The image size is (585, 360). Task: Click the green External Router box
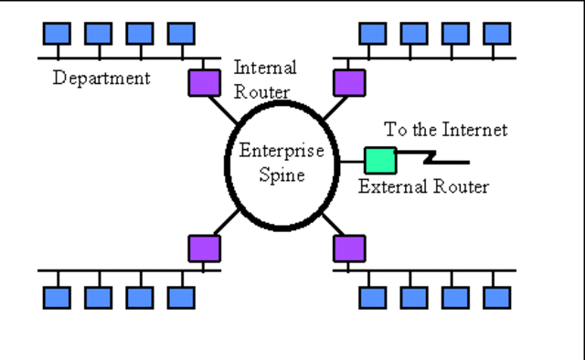[x=379, y=160]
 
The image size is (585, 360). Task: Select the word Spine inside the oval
[x=276, y=175]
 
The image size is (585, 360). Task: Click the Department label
[x=101, y=78]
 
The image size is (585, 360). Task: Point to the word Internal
[x=265, y=68]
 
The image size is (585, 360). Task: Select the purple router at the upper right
[x=348, y=81]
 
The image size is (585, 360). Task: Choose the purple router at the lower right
[x=348, y=249]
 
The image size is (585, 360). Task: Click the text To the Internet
[x=445, y=130]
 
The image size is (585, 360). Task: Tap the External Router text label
[x=423, y=187]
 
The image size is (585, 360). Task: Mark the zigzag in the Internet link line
[x=429, y=160]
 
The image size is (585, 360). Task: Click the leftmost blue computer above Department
[x=56, y=34]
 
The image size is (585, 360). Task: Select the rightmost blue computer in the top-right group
[x=496, y=34]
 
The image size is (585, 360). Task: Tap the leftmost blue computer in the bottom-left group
[x=56, y=297]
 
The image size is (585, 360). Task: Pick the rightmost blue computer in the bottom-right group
[x=496, y=297]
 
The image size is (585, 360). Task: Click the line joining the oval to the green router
[x=352, y=162]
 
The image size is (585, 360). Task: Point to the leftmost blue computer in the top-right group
[x=372, y=34]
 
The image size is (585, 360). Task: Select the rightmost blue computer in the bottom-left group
[x=181, y=297]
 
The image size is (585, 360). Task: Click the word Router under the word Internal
[x=261, y=91]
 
